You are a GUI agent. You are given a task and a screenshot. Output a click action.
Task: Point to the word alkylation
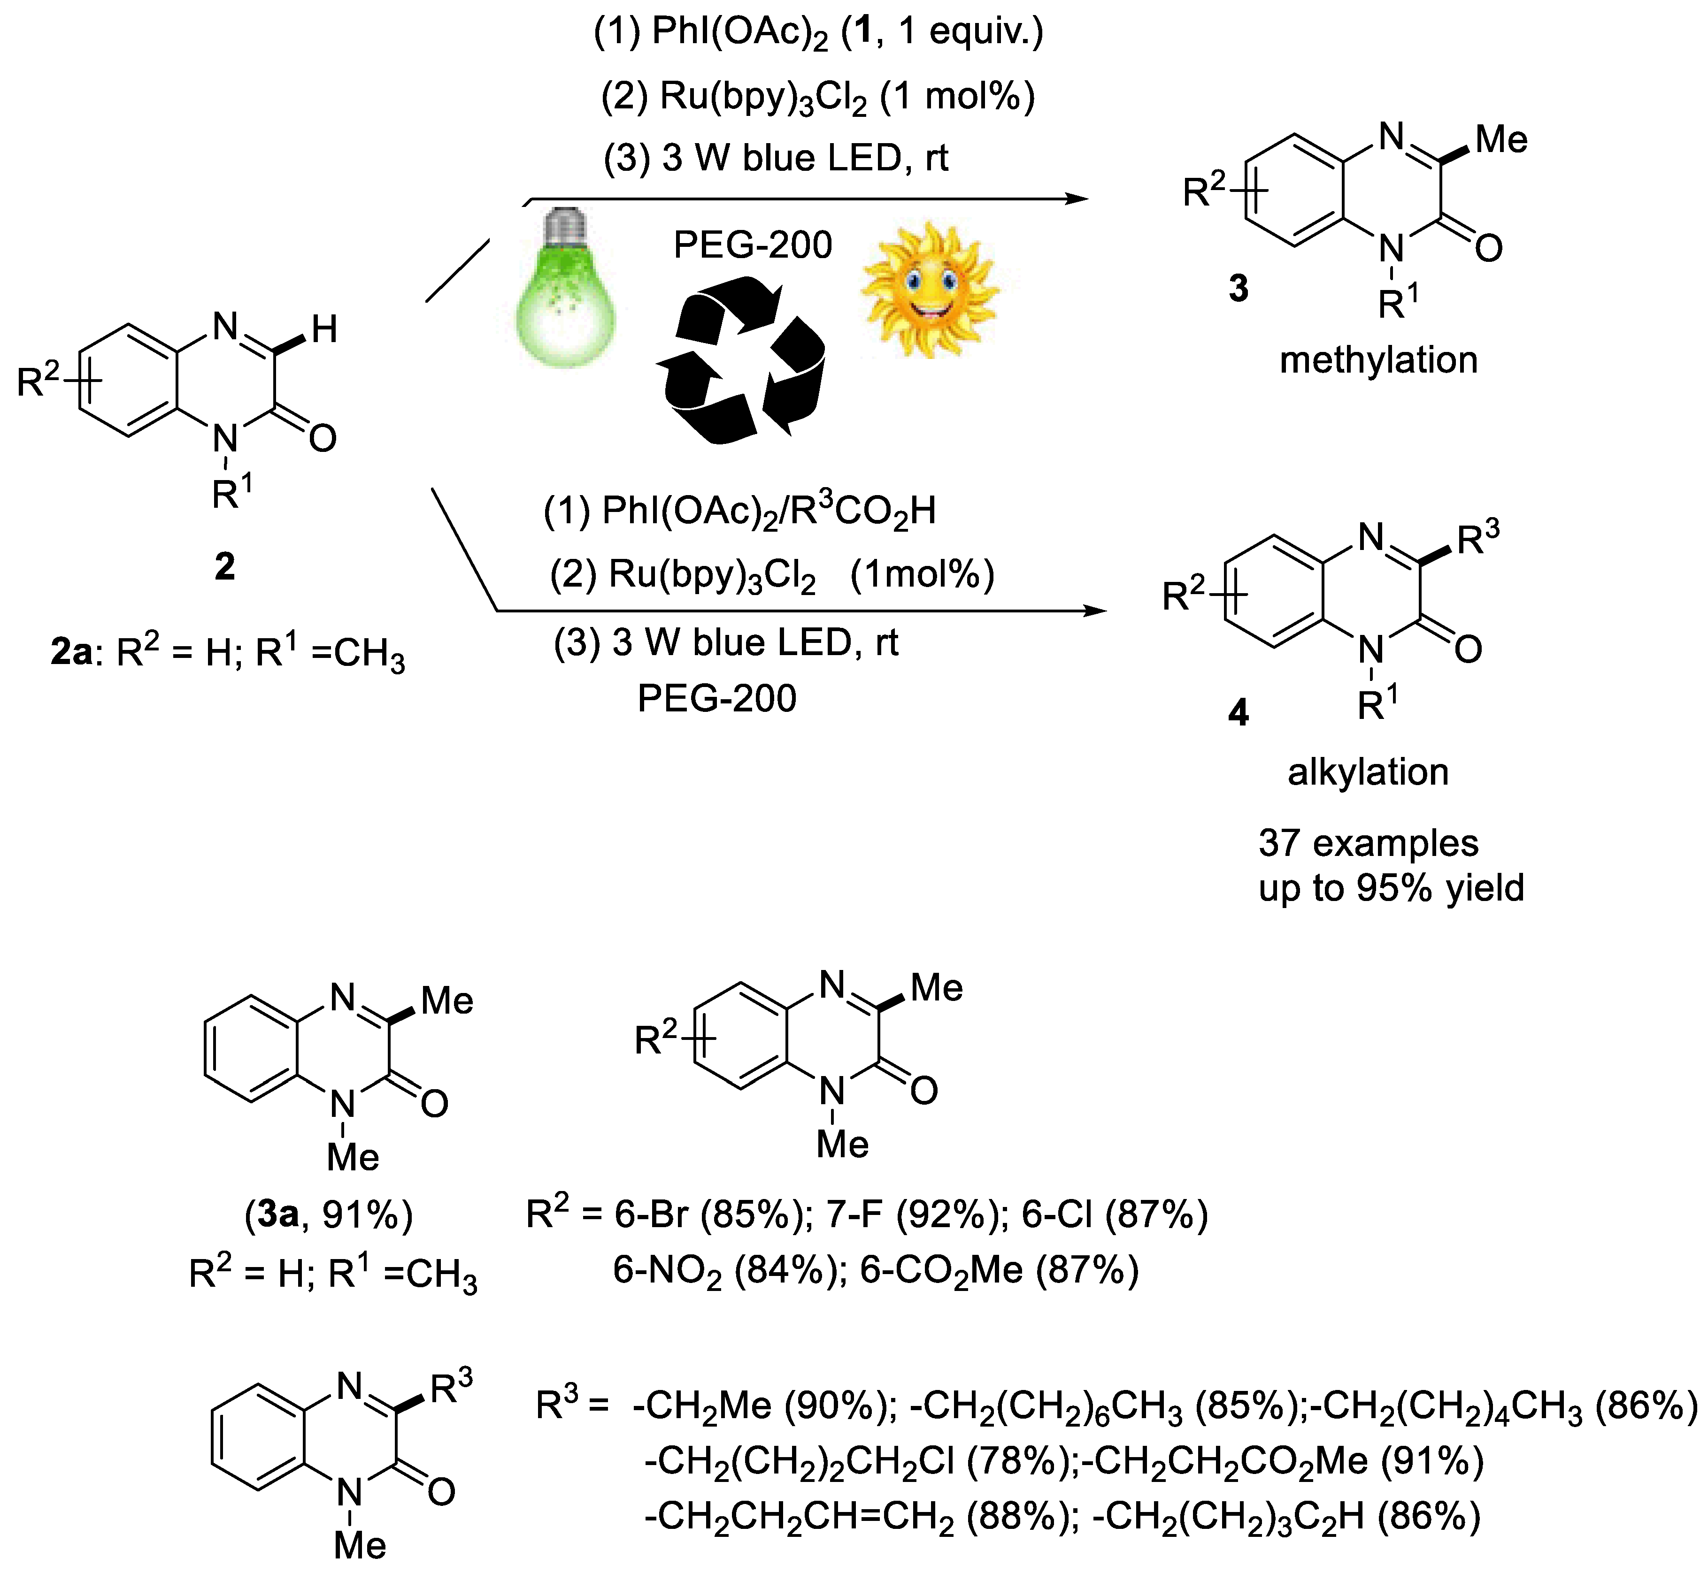click(x=1368, y=772)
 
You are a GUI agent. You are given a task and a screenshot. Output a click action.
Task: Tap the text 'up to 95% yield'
click(x=1391, y=888)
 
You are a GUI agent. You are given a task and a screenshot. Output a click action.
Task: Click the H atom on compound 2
click(x=324, y=329)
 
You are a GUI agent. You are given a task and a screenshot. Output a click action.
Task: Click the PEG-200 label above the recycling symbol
click(x=753, y=245)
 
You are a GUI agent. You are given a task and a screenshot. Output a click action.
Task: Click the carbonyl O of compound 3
click(x=1488, y=249)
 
